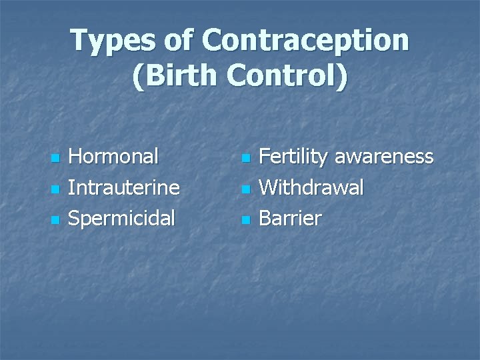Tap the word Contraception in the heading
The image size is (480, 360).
point(306,41)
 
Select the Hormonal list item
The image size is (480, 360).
point(113,157)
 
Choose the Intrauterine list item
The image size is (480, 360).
point(124,187)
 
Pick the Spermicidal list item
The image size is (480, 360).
point(122,218)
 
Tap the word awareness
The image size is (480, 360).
point(383,157)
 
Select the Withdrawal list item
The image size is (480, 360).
point(311,187)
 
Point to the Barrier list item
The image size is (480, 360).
point(290,218)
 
